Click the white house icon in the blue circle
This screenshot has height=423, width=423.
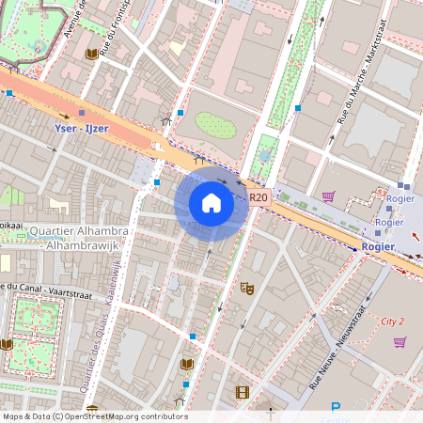[211, 202]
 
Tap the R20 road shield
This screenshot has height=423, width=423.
[259, 197]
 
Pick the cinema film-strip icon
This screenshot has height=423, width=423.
[243, 393]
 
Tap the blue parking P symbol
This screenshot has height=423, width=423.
[336, 408]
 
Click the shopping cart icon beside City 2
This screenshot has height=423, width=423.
[399, 342]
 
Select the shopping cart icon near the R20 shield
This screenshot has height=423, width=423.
[328, 196]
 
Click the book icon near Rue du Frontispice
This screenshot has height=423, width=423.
[91, 55]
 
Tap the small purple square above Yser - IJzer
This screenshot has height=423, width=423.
[82, 111]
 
